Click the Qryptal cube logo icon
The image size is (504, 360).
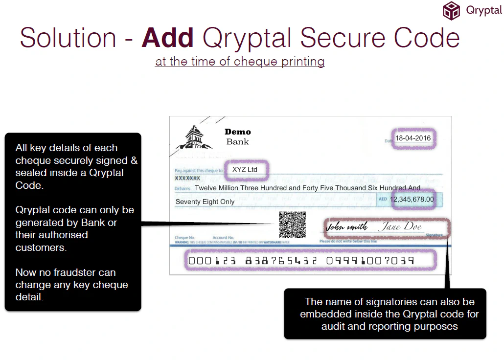(452, 10)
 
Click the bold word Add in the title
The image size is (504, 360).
(167, 38)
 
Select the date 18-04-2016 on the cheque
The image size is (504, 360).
(413, 138)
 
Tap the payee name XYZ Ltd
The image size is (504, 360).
(245, 170)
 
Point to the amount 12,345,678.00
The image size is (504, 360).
(412, 199)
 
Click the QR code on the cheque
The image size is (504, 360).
(293, 225)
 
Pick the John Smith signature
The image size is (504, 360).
(346, 227)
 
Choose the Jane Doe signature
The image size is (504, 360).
(399, 226)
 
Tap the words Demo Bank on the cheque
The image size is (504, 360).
(238, 136)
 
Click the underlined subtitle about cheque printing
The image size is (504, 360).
(240, 62)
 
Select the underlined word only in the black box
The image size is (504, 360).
(110, 210)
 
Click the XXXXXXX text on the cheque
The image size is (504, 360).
(188, 179)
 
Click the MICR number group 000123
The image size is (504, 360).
(212, 261)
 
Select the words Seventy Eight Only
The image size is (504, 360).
(205, 202)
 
